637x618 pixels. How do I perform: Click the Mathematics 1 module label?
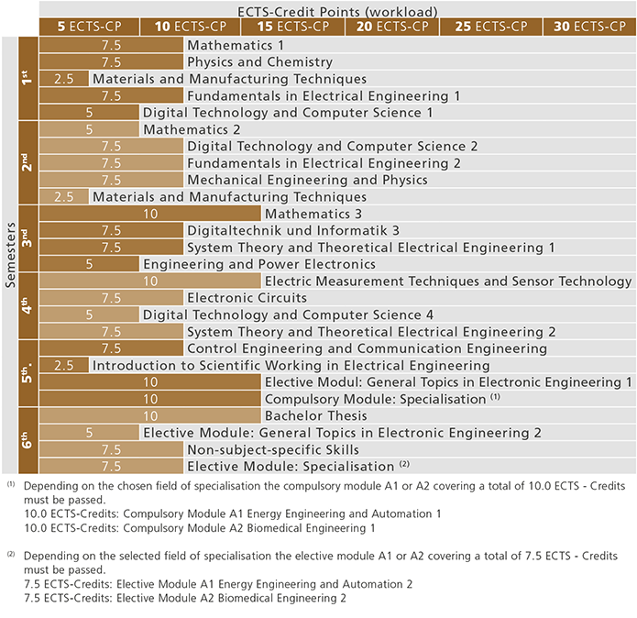[x=236, y=45]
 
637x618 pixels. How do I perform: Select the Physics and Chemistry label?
[x=259, y=62]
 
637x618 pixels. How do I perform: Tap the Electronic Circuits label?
[x=247, y=298]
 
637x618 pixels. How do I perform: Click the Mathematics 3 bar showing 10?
[x=150, y=214]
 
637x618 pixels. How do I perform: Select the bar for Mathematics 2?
[x=89, y=129]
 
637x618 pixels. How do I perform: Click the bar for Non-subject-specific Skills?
[x=111, y=449]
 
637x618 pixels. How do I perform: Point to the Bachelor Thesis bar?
[x=150, y=415]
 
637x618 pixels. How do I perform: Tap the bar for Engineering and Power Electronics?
[x=89, y=264]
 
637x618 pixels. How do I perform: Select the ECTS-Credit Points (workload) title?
[x=336, y=10]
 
